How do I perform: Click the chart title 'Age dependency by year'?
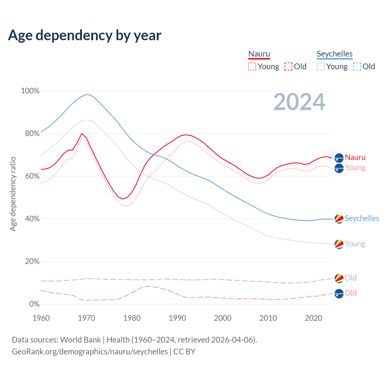point(85,35)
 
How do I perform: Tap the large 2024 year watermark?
point(299,102)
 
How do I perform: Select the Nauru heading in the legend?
point(259,54)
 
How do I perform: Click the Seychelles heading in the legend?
point(335,54)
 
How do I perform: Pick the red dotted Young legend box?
point(252,67)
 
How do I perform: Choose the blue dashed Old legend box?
point(357,67)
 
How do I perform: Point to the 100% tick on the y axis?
point(30,91)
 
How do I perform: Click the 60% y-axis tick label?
point(32,176)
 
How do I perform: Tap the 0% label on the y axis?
point(34,304)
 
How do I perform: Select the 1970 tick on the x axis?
point(86,318)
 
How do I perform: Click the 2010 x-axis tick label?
point(268,318)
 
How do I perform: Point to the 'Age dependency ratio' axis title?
point(13,194)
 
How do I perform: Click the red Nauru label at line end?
point(355,157)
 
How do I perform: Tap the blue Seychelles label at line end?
point(362,218)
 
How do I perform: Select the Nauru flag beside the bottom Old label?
point(339,293)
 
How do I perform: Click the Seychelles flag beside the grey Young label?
point(339,244)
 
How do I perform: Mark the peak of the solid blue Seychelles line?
point(86,94)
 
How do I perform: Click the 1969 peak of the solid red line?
point(82,133)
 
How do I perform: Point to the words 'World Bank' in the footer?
point(80,340)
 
